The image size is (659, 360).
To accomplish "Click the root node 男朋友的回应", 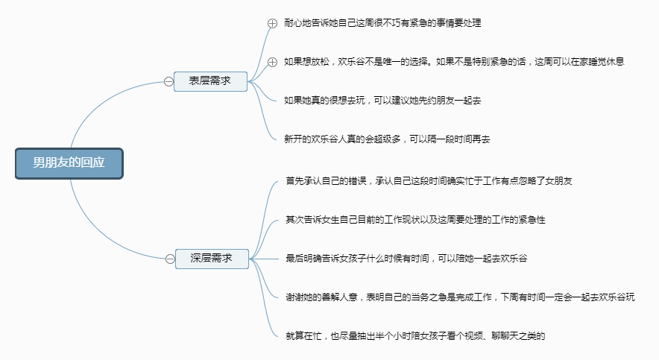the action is [69, 163].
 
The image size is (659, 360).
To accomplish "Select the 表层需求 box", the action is [210, 81].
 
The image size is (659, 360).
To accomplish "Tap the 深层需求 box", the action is [212, 259].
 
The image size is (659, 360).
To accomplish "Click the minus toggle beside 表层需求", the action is [168, 81].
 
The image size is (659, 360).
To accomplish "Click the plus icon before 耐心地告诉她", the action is [272, 24].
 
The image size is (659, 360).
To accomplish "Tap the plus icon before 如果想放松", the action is [272, 62].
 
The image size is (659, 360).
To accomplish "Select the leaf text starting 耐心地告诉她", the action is [382, 23].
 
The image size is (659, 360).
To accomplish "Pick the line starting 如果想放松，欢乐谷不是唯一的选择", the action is [454, 62].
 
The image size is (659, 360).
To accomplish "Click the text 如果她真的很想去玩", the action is [324, 101].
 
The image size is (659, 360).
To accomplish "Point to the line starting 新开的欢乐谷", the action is [387, 139].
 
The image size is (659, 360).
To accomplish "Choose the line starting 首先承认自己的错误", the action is [429, 181].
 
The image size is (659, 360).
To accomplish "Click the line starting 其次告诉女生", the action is [415, 220].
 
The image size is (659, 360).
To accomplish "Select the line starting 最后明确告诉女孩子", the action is [406, 259].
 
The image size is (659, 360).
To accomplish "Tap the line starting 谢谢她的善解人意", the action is [460, 297].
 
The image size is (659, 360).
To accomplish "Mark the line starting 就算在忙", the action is [415, 336].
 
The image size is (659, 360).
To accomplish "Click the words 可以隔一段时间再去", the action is [450, 139].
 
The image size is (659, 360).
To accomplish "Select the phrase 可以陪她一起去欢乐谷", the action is [482, 259].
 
